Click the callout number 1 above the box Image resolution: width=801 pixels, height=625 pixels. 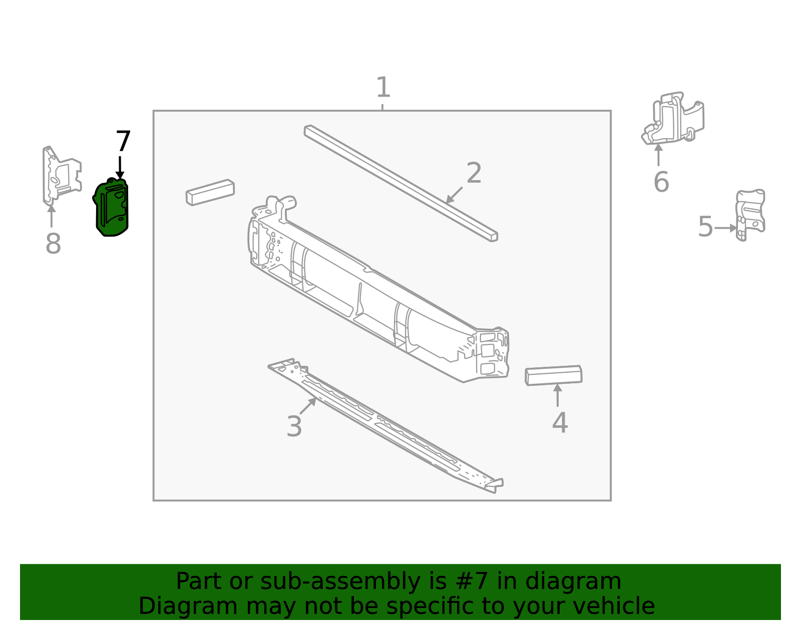point(383,88)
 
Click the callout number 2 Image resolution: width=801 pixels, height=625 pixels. point(474,173)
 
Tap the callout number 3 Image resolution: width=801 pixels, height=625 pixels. point(294,427)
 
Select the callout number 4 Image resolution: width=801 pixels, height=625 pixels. point(560,423)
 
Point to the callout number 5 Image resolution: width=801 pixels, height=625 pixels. point(705,227)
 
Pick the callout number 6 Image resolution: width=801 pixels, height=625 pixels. point(661,182)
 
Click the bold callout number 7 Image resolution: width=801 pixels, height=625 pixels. point(123,142)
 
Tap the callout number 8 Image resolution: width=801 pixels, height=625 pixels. point(53,244)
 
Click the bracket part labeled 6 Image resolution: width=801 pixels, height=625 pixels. point(673,119)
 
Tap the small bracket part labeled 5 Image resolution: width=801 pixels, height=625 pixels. point(750,214)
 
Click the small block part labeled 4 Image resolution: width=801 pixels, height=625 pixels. point(553,376)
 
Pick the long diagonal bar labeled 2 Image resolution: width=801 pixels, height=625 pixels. point(400,183)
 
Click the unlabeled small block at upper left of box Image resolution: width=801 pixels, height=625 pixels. point(210,192)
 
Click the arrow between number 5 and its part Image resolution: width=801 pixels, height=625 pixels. point(725,228)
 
